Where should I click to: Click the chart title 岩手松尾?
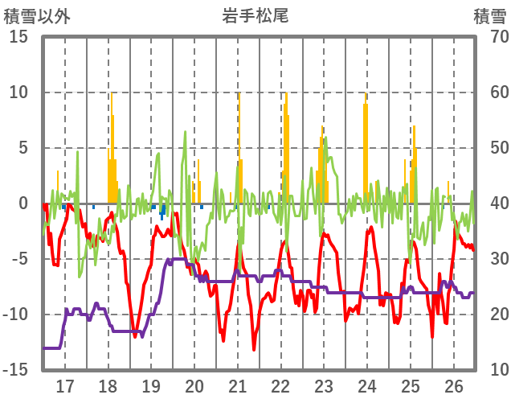255,15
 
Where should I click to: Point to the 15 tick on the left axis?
18,37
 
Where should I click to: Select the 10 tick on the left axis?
18,93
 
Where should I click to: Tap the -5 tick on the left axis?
18,259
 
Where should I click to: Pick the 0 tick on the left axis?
23,204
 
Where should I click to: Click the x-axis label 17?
65,384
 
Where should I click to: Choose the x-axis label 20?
194,384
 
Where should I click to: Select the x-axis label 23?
324,384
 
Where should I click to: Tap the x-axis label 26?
454,384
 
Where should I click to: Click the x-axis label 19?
151,384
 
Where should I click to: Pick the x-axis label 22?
281,384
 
